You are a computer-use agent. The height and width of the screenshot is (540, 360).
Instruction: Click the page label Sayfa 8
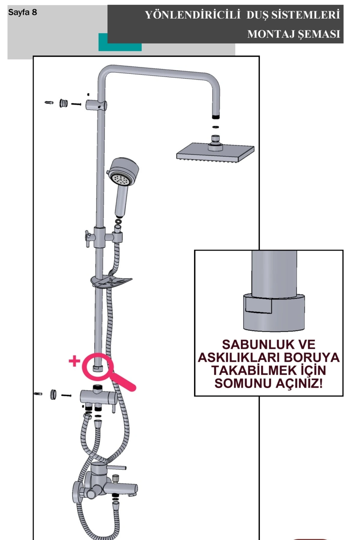point(22,12)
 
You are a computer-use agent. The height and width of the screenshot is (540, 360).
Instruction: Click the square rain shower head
point(215,153)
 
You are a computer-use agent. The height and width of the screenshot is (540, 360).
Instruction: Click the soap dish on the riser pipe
point(111,282)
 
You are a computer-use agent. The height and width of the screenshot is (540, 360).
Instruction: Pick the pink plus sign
point(74,361)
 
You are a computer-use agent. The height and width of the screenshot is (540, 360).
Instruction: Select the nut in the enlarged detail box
point(274,312)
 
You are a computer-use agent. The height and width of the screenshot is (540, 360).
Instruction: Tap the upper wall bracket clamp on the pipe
point(96,105)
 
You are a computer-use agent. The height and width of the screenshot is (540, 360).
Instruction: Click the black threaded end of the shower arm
point(216,117)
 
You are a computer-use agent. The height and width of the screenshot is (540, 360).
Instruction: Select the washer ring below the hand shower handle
point(118,221)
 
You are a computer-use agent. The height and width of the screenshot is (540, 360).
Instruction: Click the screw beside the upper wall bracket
point(76,104)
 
